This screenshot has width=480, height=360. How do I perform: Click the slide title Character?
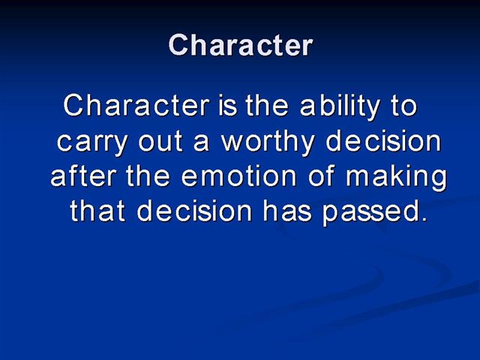click(x=241, y=45)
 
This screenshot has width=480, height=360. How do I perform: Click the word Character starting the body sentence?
click(x=136, y=105)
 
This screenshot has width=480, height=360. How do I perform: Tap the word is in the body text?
click(x=228, y=105)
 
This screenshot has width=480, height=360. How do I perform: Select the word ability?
click(x=340, y=107)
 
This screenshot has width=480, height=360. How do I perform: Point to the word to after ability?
click(x=404, y=106)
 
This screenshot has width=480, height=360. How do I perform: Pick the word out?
click(x=160, y=142)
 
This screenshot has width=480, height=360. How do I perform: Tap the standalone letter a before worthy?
click(x=201, y=143)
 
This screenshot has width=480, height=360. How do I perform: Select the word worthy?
click(x=268, y=142)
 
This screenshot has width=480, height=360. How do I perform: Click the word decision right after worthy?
click(x=383, y=141)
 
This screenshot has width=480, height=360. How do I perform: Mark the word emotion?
click(x=238, y=176)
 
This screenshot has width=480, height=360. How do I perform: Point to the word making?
click(x=397, y=178)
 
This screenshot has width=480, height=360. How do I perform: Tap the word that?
click(x=97, y=211)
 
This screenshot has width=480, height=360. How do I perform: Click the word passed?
click(x=369, y=212)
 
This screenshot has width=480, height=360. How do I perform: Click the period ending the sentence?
click(x=423, y=218)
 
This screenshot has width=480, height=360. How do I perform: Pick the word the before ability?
click(x=267, y=105)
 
